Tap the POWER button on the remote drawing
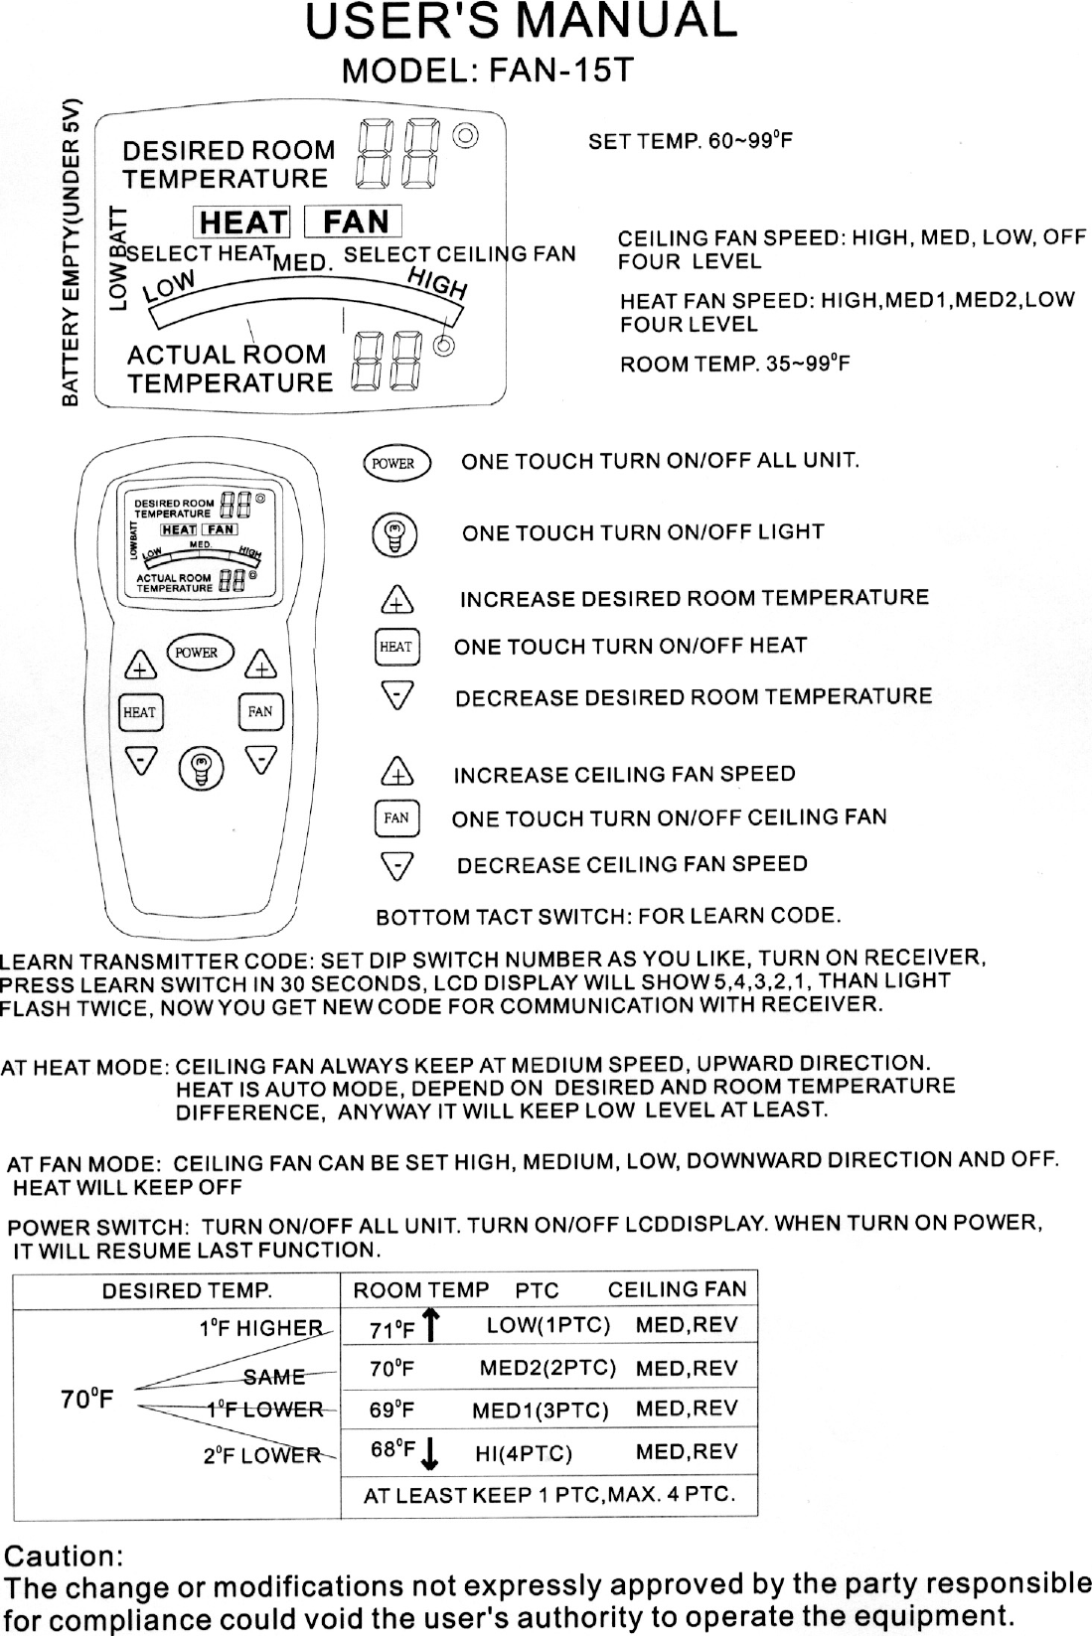(x=196, y=653)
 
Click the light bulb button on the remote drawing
(x=201, y=768)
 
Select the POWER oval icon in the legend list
(x=393, y=463)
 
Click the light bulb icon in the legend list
(x=394, y=535)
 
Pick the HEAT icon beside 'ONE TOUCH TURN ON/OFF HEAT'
(x=396, y=647)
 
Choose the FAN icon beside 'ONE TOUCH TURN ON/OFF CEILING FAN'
(x=396, y=818)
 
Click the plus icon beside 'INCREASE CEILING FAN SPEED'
(x=397, y=773)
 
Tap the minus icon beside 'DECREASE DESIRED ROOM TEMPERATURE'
(x=397, y=697)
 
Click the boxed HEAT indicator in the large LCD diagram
(x=243, y=222)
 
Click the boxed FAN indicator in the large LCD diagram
(x=355, y=221)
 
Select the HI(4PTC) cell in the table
(x=523, y=1454)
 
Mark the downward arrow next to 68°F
(x=430, y=1454)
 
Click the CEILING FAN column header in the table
(x=677, y=1289)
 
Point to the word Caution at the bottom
(x=66, y=1554)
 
